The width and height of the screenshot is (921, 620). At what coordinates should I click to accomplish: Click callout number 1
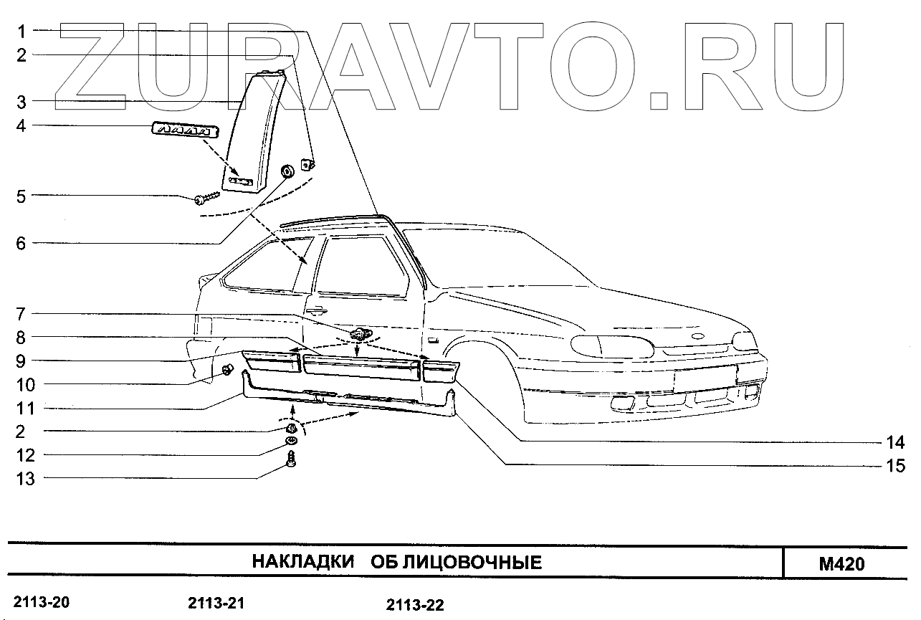(22, 31)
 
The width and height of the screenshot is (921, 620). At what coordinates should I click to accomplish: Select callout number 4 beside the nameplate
(22, 126)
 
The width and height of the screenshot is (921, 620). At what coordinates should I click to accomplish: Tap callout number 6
(22, 244)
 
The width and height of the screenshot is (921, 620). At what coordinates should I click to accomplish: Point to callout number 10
(26, 385)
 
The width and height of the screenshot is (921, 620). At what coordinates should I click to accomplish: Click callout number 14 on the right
(895, 442)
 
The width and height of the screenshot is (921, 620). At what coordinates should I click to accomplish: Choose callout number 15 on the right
(895, 467)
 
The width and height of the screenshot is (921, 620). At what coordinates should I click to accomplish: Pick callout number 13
(26, 479)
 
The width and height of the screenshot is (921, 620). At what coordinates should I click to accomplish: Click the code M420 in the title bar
(841, 563)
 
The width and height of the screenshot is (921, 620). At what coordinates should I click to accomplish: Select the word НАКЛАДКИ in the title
(303, 562)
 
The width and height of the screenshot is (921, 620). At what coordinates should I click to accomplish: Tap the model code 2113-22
(415, 606)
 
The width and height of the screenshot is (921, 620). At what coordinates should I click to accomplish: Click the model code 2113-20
(42, 602)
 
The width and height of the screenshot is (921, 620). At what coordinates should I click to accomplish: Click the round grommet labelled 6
(288, 171)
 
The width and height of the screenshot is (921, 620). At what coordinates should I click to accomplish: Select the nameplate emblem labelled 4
(185, 130)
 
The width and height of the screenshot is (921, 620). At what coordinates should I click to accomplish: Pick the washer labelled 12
(292, 440)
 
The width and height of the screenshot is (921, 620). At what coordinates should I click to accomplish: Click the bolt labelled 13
(292, 459)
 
